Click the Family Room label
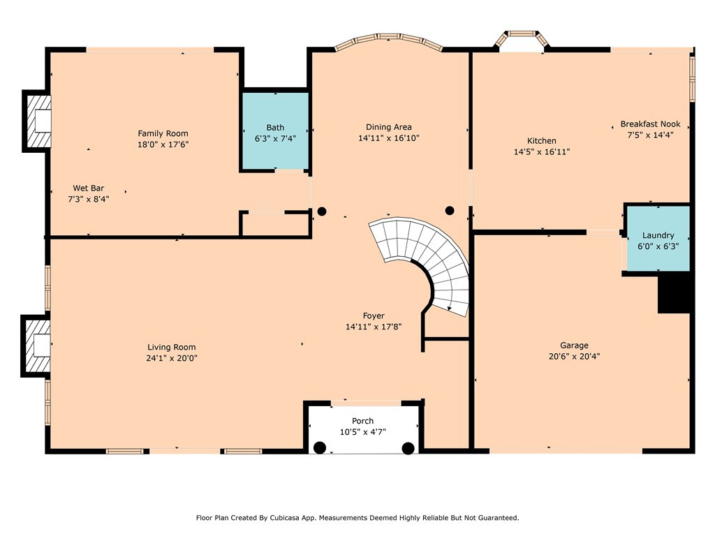(x=163, y=133)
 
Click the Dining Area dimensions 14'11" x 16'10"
(x=388, y=138)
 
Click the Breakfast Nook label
(x=650, y=124)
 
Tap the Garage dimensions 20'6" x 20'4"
(x=574, y=356)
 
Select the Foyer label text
(x=373, y=315)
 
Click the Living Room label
(x=171, y=347)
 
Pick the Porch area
(x=363, y=427)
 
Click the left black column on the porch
(x=320, y=447)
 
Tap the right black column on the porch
(x=408, y=447)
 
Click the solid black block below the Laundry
(x=675, y=293)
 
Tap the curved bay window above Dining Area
(x=388, y=44)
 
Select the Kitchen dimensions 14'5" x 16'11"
(x=542, y=151)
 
